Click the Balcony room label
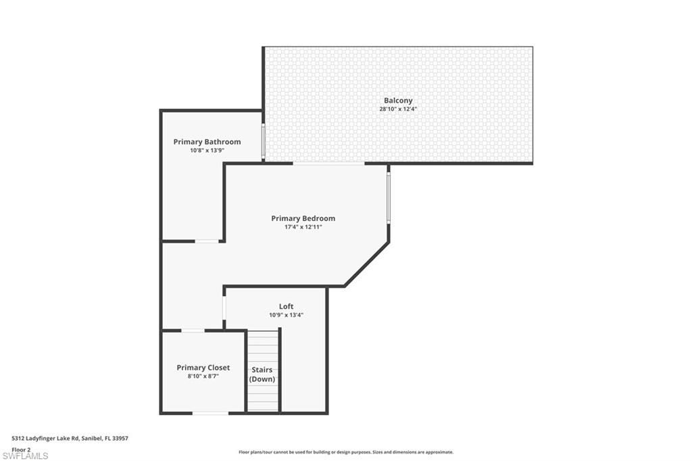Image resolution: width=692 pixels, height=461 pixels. pyautogui.click(x=398, y=100)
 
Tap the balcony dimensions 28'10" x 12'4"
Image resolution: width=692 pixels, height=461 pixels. pyautogui.click(x=398, y=109)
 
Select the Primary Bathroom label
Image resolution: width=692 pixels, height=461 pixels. pyautogui.click(x=207, y=142)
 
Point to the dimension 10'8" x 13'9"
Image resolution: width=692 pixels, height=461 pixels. pyautogui.click(x=207, y=151)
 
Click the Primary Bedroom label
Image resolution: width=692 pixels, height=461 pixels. pyautogui.click(x=303, y=218)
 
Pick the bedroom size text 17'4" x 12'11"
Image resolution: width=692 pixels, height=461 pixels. pyautogui.click(x=303, y=227)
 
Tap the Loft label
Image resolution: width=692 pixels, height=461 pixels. pyautogui.click(x=286, y=306)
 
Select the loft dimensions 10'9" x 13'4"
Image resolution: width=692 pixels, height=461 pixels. pyautogui.click(x=286, y=315)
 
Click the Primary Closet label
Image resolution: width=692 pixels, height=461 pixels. pyautogui.click(x=203, y=368)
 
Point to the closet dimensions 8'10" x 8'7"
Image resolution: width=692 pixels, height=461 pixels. pyautogui.click(x=203, y=377)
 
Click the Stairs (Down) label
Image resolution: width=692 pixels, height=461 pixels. pyautogui.click(x=262, y=374)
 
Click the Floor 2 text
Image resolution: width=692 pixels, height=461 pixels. pyautogui.click(x=21, y=449)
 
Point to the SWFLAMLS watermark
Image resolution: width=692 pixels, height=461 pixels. pyautogui.click(x=25, y=456)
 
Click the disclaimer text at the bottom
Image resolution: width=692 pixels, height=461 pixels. pyautogui.click(x=345, y=452)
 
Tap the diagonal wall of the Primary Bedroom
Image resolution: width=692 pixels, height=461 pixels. pyautogui.click(x=367, y=265)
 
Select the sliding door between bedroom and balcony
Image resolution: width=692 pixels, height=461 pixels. pyautogui.click(x=328, y=163)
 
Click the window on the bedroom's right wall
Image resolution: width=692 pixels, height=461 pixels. pyautogui.click(x=389, y=197)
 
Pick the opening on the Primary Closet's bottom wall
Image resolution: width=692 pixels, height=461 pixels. pyautogui.click(x=210, y=413)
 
